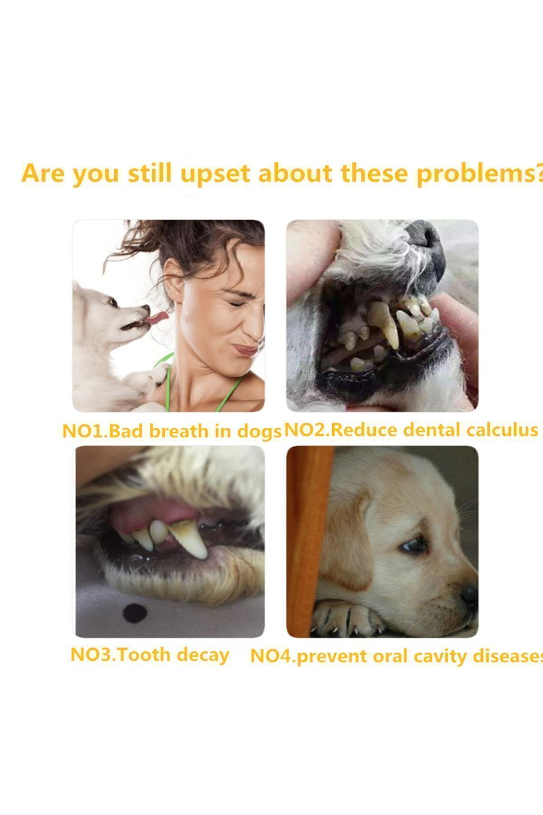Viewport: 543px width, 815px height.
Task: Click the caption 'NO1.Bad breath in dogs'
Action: point(171,431)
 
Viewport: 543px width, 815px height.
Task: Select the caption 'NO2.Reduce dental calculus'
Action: point(411,430)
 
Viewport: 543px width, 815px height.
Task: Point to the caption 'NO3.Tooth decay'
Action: point(150,655)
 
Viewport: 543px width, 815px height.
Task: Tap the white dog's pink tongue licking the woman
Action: point(157,316)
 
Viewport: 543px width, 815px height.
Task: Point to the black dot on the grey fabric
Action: point(135,613)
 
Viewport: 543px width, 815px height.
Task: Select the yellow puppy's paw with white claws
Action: point(348,618)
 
